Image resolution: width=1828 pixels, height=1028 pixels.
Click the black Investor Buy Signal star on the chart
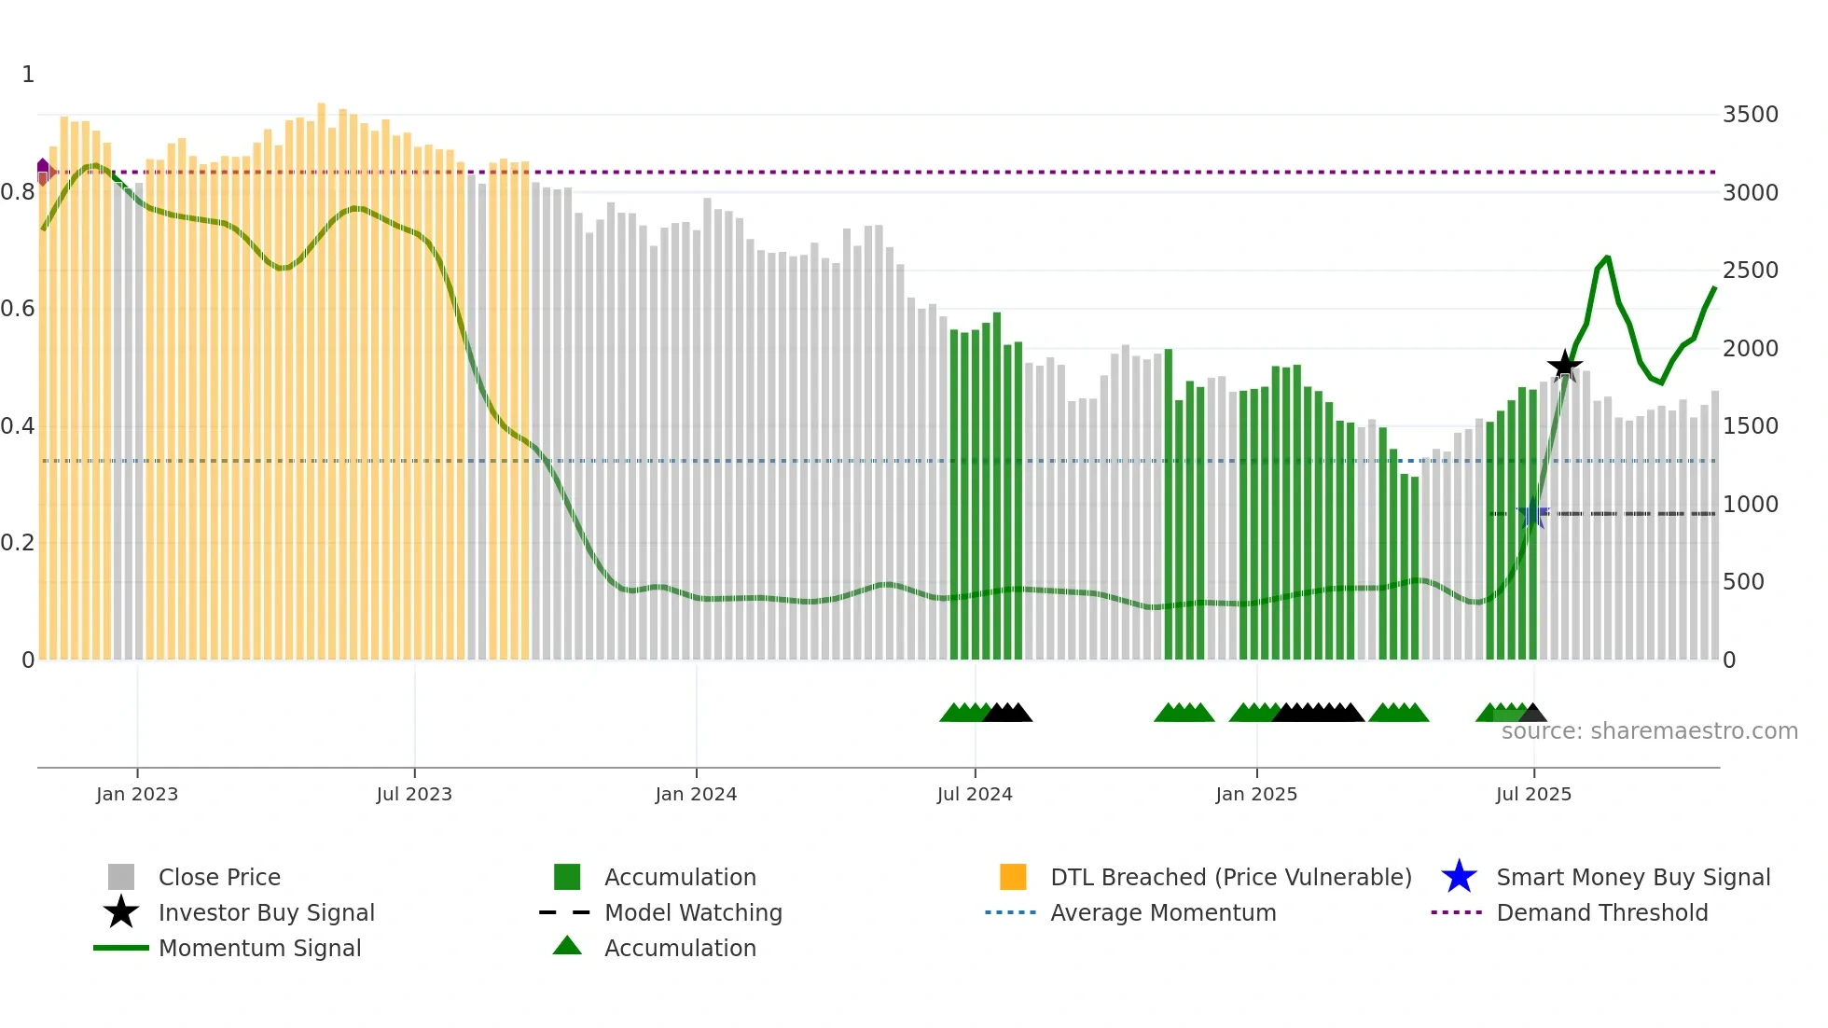click(x=1564, y=365)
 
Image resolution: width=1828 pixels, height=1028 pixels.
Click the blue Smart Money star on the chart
click(x=1532, y=513)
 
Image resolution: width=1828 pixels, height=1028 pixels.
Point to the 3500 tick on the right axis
click(x=1750, y=115)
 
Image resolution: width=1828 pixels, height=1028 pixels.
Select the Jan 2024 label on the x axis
click(x=696, y=794)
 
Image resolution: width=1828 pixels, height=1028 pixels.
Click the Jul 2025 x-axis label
click(x=1533, y=794)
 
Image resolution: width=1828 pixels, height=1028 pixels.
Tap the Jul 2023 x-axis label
click(x=414, y=794)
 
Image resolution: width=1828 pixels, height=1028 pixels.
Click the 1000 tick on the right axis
click(x=1750, y=505)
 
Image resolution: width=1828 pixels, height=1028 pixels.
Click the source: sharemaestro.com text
click(x=1649, y=731)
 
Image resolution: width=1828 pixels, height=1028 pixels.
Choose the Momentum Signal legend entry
click(x=259, y=948)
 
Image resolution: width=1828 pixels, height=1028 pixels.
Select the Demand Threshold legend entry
click(x=1601, y=912)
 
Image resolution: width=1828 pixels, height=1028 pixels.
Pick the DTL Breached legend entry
click(x=1230, y=877)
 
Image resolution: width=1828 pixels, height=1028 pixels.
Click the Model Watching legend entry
click(x=693, y=912)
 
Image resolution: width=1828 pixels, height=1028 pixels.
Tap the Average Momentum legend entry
click(x=1162, y=912)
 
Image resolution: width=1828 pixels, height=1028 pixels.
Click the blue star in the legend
click(x=1459, y=877)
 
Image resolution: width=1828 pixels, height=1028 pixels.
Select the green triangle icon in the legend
click(x=567, y=947)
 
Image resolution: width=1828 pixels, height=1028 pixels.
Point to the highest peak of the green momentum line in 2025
click(x=1607, y=257)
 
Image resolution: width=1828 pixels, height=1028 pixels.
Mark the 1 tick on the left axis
click(x=28, y=75)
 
